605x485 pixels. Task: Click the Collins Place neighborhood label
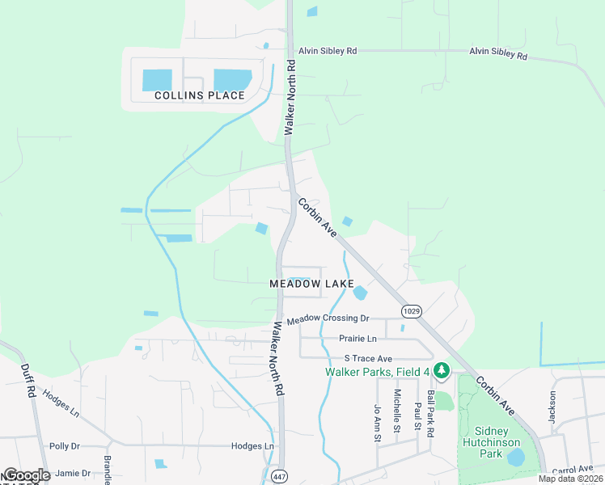(x=199, y=95)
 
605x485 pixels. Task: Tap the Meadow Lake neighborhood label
(x=311, y=284)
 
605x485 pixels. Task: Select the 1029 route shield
(x=411, y=310)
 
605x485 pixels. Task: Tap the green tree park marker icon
(x=441, y=371)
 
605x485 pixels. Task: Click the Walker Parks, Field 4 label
(x=378, y=372)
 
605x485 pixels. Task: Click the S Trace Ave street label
(x=368, y=358)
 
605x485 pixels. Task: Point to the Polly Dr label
(x=65, y=445)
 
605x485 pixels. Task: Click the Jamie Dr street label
(x=74, y=473)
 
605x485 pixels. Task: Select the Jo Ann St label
(x=377, y=423)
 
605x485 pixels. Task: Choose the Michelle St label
(x=397, y=411)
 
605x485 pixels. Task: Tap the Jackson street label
(x=553, y=407)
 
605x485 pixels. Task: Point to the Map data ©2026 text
(x=570, y=479)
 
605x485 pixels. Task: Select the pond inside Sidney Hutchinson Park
(x=514, y=458)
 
